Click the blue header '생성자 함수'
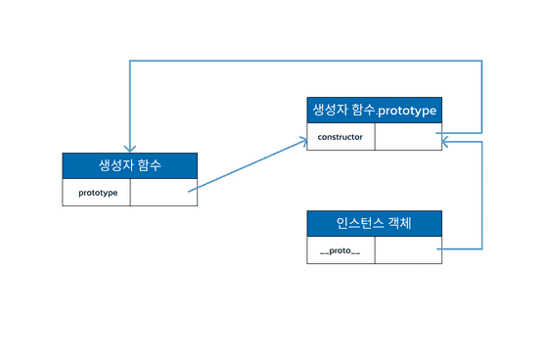coord(130,165)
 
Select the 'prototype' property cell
coord(97,193)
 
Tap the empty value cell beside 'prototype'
coord(163,193)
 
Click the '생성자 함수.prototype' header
coord(374,110)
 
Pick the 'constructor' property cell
coord(341,137)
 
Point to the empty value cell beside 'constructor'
coord(407,137)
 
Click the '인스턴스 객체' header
coord(374,223)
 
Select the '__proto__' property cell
coord(341,250)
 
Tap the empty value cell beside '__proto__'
coord(407,250)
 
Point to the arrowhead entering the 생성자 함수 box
coord(128,147)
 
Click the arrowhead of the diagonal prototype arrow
coord(302,140)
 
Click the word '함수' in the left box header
coord(149,165)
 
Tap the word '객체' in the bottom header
coord(399,223)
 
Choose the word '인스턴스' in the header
coord(359,223)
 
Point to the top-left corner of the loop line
coord(128,61)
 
